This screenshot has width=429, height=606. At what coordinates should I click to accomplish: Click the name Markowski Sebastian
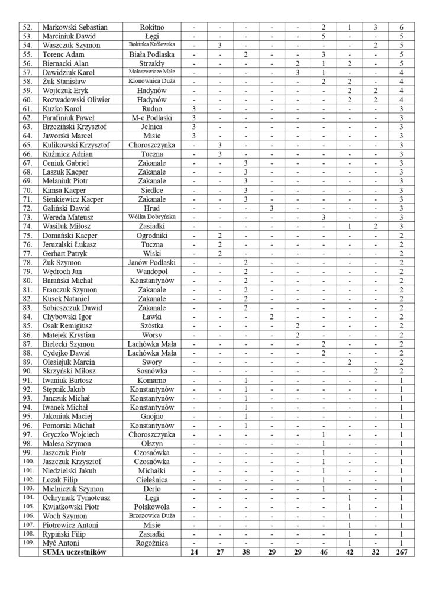click(73, 27)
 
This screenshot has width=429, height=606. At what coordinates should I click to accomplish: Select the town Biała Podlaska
click(153, 54)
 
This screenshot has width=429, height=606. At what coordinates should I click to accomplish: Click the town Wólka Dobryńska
click(153, 217)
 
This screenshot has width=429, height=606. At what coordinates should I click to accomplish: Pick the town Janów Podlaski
click(153, 263)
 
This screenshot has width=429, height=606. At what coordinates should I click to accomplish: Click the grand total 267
click(401, 552)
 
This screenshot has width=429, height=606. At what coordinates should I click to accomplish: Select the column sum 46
click(323, 552)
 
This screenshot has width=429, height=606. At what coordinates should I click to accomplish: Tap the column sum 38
click(245, 552)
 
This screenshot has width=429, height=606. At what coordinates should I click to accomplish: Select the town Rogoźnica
click(153, 543)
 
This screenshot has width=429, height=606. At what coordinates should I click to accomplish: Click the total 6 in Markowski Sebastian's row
click(401, 27)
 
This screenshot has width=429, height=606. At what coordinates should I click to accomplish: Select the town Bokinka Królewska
click(153, 45)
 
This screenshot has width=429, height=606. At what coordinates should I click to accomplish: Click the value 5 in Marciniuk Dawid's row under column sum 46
click(323, 36)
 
